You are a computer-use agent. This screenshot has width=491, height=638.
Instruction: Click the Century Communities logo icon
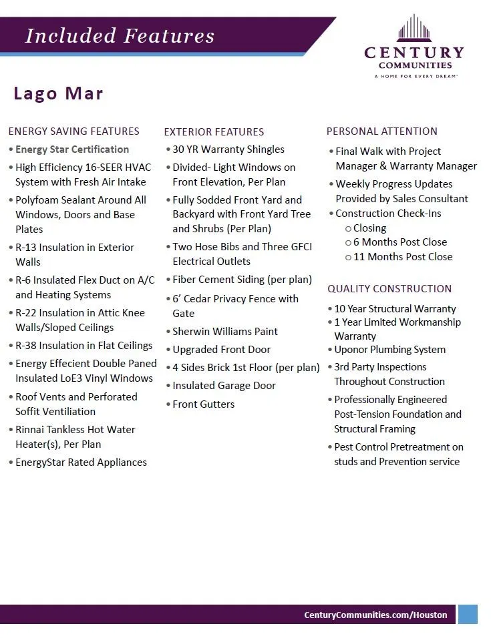[414, 28]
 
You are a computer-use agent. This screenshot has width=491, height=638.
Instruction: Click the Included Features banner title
[120, 36]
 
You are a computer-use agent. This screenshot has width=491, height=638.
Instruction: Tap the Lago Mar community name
[59, 93]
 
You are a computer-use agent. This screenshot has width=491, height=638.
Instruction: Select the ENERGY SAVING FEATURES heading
[73, 131]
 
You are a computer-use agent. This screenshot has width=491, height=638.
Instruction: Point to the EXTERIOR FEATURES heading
[214, 132]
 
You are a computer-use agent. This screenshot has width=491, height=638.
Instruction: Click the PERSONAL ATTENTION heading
[382, 131]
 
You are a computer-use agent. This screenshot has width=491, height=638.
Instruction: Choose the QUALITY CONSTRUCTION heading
[389, 289]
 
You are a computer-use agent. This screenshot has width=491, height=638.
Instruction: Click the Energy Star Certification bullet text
[72, 149]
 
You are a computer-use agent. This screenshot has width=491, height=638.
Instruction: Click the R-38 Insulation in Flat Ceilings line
[84, 346]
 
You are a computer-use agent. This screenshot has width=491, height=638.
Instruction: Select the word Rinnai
[32, 430]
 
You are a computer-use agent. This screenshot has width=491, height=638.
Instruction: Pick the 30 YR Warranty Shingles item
[228, 149]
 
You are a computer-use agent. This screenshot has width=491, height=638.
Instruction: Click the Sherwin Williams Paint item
[225, 332]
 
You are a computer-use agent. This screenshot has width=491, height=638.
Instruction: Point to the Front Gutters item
[204, 404]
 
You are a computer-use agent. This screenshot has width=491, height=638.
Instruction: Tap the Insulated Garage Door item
[224, 386]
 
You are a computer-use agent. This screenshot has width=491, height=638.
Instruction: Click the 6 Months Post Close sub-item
[399, 242]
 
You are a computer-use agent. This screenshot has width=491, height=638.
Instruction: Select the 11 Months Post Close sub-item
[402, 257]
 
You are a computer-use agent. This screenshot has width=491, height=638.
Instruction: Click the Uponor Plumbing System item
[389, 350]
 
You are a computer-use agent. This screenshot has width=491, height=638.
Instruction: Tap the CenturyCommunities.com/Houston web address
[375, 615]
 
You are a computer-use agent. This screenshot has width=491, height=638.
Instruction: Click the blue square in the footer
[468, 614]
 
